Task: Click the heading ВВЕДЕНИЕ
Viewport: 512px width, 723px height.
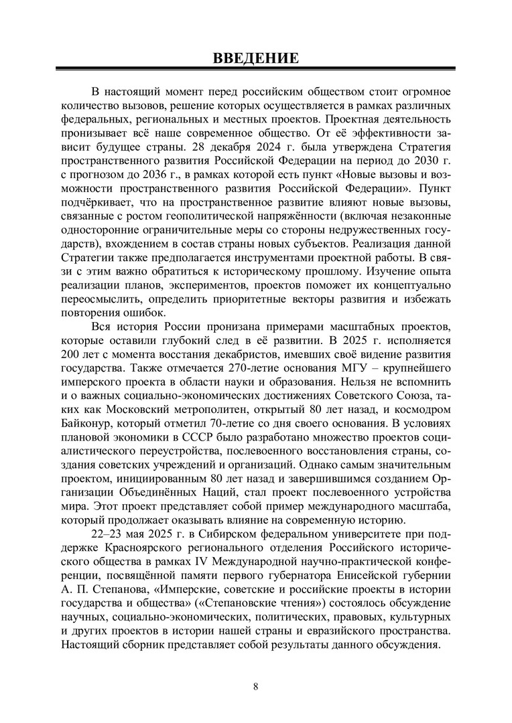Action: coord(255,58)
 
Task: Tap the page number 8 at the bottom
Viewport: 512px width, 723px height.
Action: coord(256,686)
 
